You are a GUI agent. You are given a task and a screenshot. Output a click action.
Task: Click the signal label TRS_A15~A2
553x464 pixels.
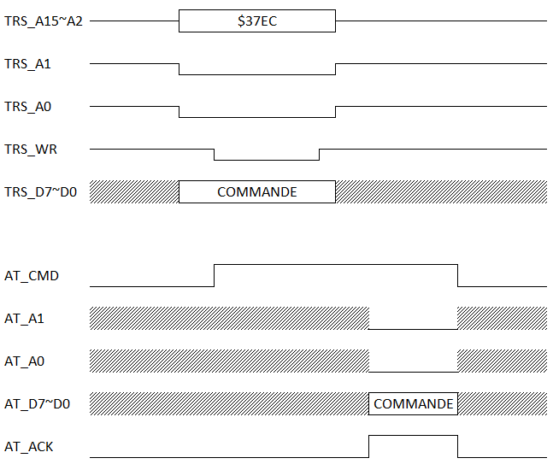(x=44, y=21)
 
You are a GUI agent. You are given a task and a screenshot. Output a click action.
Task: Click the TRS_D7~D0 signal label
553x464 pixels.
(x=41, y=192)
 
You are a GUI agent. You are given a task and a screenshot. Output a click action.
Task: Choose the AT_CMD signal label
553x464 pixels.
(x=32, y=276)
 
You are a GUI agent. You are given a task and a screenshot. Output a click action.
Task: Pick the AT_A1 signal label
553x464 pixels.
(x=24, y=319)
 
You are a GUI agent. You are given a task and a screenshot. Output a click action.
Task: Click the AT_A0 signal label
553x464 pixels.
(x=24, y=361)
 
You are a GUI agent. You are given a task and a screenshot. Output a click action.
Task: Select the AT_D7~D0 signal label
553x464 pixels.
(x=37, y=404)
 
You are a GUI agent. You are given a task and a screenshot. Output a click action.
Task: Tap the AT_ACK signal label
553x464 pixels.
(x=29, y=446)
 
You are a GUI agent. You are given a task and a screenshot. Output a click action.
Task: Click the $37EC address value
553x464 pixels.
(x=256, y=21)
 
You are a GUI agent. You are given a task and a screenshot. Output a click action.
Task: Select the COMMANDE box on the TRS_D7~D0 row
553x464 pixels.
(x=256, y=192)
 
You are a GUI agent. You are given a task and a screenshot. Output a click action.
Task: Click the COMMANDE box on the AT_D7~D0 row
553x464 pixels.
(x=413, y=403)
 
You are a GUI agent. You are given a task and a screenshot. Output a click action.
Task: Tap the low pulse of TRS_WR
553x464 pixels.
(x=266, y=159)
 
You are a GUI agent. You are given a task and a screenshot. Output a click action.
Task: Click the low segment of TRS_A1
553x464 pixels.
(x=256, y=73)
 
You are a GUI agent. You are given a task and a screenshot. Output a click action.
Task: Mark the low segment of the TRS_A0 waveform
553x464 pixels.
(x=256, y=116)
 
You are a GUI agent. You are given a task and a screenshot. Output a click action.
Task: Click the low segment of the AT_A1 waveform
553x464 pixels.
(x=413, y=328)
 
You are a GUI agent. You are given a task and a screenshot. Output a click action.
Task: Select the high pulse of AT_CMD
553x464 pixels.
(x=335, y=266)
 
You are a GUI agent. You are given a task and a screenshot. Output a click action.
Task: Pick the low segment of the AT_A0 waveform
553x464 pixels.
(x=413, y=371)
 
